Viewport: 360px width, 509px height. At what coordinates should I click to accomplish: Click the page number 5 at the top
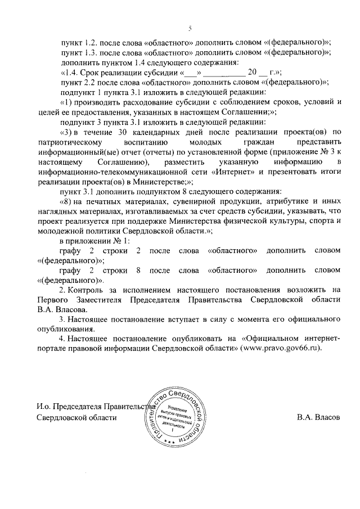click(x=190, y=29)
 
